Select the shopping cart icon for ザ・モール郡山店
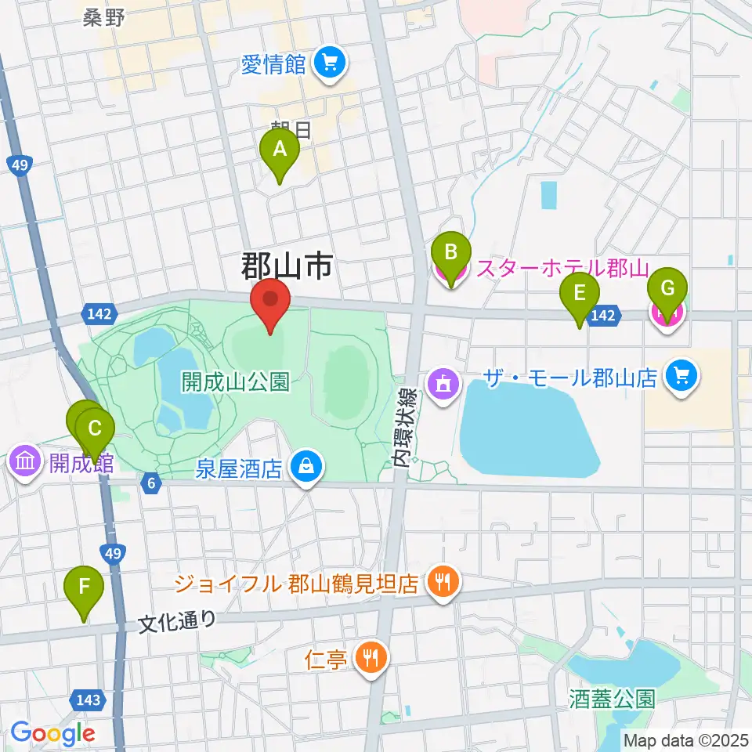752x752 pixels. point(678,378)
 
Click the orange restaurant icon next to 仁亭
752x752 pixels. point(370,656)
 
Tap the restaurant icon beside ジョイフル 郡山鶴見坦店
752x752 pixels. point(444,583)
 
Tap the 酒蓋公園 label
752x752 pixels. point(612,698)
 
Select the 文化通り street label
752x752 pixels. point(177,622)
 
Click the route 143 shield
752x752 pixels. point(88,699)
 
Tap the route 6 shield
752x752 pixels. point(150,483)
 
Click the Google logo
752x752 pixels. point(53,733)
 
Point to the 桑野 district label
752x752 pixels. point(104,18)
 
